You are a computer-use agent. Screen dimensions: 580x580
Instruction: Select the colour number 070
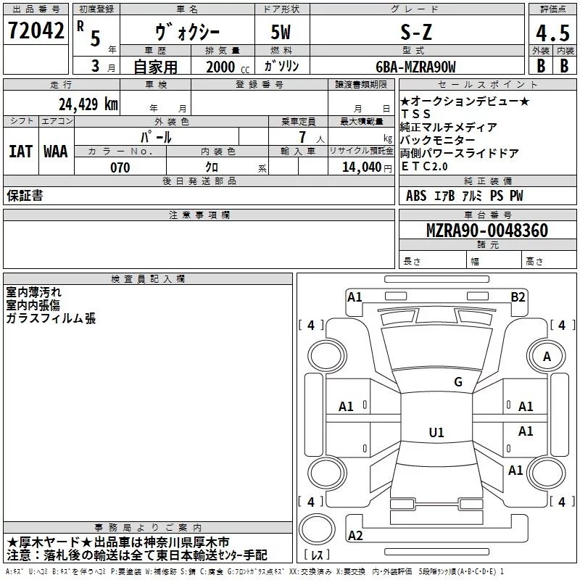click(x=120, y=167)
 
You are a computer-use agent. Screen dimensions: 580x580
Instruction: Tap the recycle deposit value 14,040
click(x=360, y=167)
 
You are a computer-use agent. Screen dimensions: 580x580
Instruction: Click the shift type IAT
click(x=21, y=152)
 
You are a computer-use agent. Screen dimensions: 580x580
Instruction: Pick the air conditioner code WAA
click(x=56, y=152)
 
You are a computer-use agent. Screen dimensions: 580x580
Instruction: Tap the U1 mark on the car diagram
click(x=436, y=433)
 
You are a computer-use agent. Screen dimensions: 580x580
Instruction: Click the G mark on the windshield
click(x=457, y=382)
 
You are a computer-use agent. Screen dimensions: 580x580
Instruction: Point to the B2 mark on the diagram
click(x=518, y=297)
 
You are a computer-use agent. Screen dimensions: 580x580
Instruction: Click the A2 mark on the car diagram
click(x=355, y=536)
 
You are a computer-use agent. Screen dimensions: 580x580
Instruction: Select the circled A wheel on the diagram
click(x=547, y=357)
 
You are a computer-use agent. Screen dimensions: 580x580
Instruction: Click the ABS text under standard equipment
click(x=416, y=196)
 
